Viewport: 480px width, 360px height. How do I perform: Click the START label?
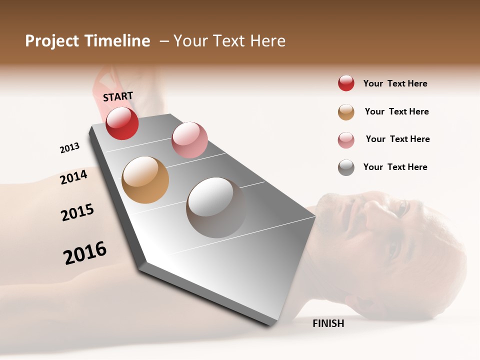point(118,96)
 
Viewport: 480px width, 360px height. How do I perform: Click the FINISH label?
point(328,323)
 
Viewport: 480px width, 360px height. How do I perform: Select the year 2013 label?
point(69,148)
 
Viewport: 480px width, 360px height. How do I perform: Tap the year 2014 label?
point(73,177)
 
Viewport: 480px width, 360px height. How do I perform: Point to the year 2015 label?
point(77,212)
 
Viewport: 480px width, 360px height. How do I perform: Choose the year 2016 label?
point(85,253)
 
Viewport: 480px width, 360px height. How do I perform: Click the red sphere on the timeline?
point(122,123)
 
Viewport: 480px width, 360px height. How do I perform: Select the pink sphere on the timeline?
point(189,140)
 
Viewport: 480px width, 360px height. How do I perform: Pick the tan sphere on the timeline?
point(145,180)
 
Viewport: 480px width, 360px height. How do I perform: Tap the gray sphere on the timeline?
point(216,207)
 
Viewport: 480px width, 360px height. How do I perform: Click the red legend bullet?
point(346,83)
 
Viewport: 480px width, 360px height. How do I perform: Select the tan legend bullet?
point(346,112)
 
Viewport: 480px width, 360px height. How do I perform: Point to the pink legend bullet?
point(346,140)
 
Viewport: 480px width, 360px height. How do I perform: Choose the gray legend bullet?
point(346,167)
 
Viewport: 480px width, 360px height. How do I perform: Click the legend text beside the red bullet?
point(395,83)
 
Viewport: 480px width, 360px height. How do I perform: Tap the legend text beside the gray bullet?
point(395,167)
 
